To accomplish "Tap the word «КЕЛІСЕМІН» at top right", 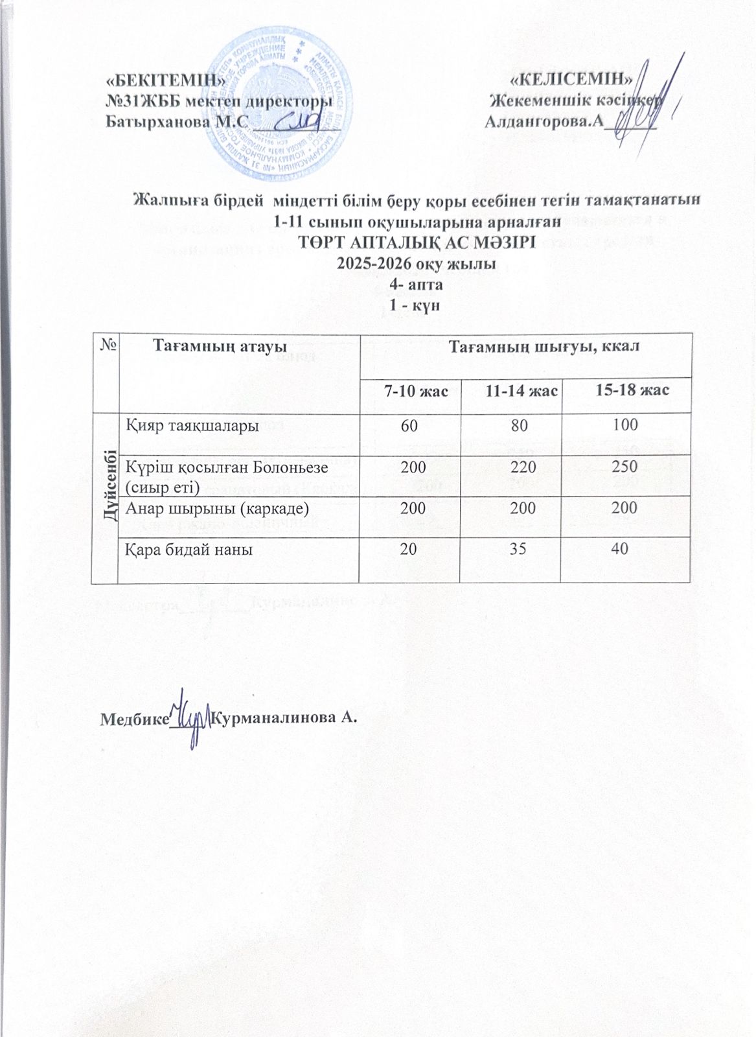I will click(572, 80).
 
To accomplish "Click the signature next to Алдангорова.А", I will click(638, 104).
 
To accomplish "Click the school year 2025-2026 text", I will click(417, 264).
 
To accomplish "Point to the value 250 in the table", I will click(626, 465).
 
